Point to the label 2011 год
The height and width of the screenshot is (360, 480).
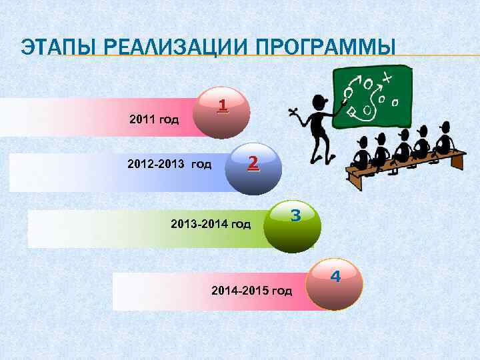(154, 121)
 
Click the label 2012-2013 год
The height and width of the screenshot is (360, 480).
(169, 164)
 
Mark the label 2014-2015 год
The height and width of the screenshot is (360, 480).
(251, 291)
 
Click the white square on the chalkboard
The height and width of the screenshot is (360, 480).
(351, 111)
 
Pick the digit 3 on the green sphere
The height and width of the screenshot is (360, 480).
(296, 215)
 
